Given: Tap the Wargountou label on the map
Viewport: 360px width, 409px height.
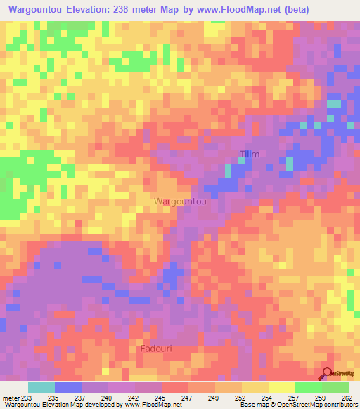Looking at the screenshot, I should pyautogui.click(x=180, y=202).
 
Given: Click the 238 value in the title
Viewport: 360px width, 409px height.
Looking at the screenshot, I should pyautogui.click(x=132, y=11).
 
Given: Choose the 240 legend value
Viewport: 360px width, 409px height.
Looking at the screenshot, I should pyautogui.click(x=108, y=397).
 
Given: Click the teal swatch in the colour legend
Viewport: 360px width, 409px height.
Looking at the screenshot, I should pyautogui.click(x=41, y=387).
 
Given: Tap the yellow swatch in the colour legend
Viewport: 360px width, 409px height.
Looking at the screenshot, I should pyautogui.click(x=281, y=387).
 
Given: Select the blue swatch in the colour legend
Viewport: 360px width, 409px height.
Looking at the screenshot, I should pyautogui.click(x=68, y=387).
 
